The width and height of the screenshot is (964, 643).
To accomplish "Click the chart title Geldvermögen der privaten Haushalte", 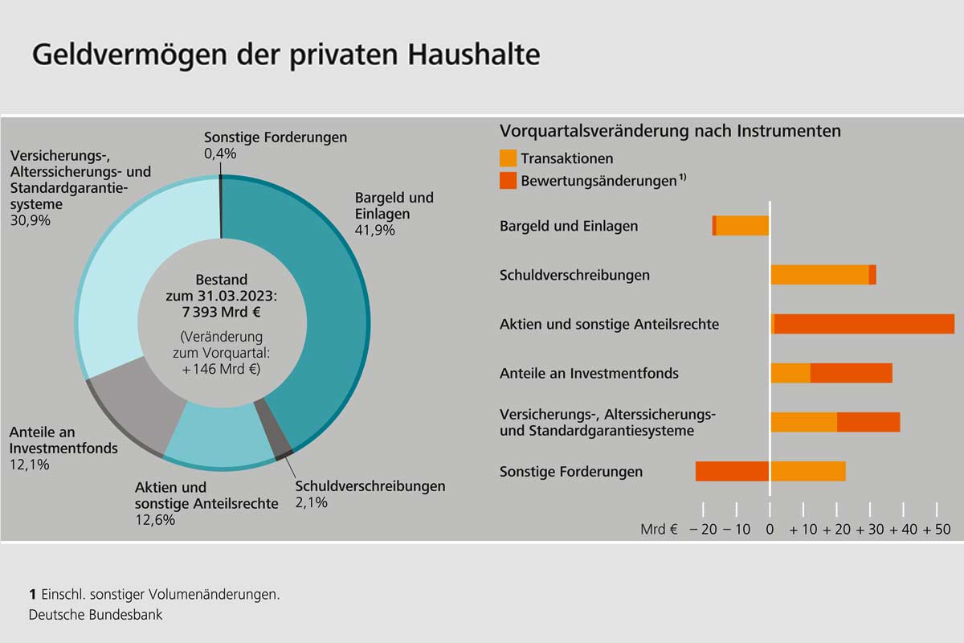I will (x=285, y=55).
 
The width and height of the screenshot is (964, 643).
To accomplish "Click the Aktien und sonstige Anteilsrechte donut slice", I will (x=221, y=438).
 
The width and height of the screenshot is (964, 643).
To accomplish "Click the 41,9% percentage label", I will (x=371, y=231).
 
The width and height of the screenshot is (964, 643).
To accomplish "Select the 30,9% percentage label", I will (x=30, y=220).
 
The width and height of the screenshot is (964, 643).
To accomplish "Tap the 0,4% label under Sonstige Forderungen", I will (x=220, y=154).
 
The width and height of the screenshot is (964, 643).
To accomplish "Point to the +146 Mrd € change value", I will (x=221, y=370).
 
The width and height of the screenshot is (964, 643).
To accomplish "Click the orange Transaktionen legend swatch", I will (x=508, y=158).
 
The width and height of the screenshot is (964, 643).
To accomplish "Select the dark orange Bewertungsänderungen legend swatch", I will (x=508, y=181).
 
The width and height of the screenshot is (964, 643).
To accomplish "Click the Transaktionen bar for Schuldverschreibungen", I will (x=819, y=275).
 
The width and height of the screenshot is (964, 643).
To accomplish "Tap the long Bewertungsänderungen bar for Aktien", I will (x=864, y=324).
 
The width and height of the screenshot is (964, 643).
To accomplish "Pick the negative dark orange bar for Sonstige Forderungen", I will (x=732, y=471).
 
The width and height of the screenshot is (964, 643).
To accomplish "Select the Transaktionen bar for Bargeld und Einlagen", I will (x=742, y=226).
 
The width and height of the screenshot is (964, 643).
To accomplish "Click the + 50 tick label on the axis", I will (x=937, y=530).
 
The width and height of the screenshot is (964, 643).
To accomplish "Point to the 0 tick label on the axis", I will (x=770, y=530).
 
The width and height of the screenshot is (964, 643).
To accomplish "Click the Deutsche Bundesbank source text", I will (x=96, y=615).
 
